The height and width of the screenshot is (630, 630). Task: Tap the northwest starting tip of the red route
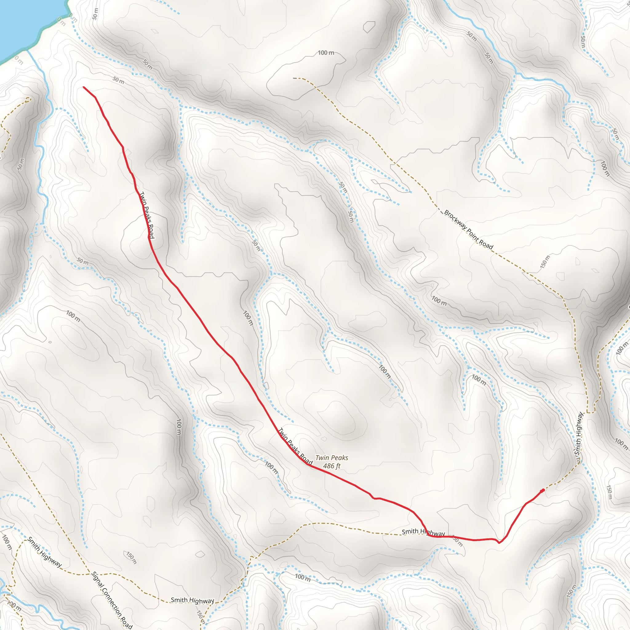[84, 87]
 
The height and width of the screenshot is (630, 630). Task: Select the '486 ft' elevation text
[332, 466]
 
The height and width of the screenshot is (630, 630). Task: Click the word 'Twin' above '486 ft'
[321, 458]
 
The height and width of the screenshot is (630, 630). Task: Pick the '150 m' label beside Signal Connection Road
[131, 558]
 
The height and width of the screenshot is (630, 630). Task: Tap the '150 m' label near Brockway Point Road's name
[545, 261]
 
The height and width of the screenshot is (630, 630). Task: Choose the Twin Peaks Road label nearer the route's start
[147, 215]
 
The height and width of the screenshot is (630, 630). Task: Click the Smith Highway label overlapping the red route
[423, 532]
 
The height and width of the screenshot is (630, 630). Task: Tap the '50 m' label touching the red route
[458, 542]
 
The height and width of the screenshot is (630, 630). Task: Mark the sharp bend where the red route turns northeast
[499, 543]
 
